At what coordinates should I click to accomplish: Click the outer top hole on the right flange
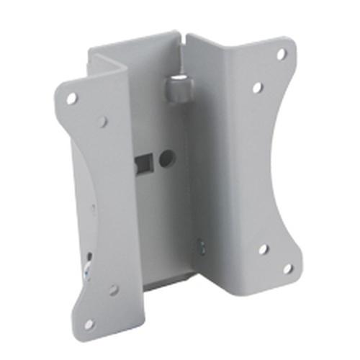282,54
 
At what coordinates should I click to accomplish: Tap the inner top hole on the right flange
257,87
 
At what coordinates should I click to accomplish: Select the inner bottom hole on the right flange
264,249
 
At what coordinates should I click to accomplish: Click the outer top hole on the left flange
72,98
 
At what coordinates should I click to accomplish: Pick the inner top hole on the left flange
103,122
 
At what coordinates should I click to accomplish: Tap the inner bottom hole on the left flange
113,289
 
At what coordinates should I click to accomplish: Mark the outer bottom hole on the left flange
89,323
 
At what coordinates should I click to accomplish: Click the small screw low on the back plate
200,246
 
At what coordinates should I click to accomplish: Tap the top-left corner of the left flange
57,86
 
